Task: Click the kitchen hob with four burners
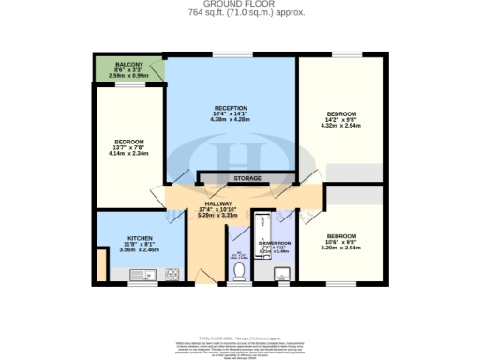point(172,275)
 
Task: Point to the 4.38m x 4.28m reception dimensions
point(229,119)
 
